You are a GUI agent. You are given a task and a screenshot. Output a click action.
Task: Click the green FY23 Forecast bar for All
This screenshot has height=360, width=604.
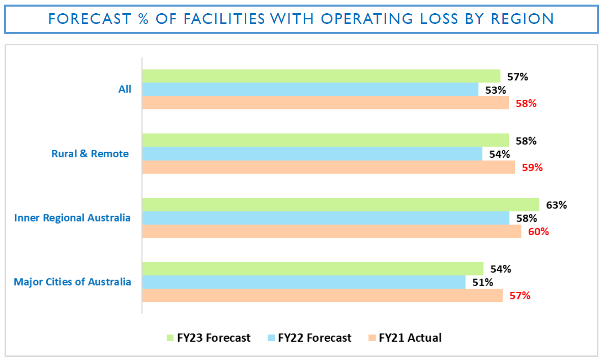pyautogui.click(x=321, y=76)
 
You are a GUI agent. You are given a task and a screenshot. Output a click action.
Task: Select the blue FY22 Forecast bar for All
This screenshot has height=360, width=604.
pyautogui.click(x=310, y=90)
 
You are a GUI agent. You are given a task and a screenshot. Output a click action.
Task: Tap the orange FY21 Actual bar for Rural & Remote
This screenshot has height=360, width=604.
pyautogui.click(x=328, y=167)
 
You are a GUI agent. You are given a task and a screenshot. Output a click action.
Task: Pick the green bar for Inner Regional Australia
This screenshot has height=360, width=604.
pyautogui.click(x=340, y=205)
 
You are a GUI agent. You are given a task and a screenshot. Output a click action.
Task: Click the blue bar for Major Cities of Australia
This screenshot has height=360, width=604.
pyautogui.click(x=303, y=282)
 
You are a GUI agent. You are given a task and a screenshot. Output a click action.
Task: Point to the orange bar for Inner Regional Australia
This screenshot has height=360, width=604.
pyautogui.click(x=331, y=231)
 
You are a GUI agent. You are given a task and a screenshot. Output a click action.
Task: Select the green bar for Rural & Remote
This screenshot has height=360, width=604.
pyautogui.click(x=325, y=140)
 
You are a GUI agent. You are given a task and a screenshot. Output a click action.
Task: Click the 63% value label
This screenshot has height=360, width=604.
pyautogui.click(x=556, y=205)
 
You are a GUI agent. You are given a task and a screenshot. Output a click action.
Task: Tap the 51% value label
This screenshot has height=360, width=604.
pyautogui.click(x=482, y=282)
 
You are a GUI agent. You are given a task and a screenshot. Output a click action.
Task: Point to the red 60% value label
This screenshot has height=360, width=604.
pyautogui.click(x=538, y=232)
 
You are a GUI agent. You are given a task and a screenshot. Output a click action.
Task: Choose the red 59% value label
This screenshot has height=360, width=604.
pyautogui.click(x=532, y=167)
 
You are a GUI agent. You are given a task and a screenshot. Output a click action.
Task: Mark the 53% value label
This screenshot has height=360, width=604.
pyautogui.click(x=495, y=90)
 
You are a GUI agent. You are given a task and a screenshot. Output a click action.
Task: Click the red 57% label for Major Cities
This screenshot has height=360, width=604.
pyautogui.click(x=520, y=295)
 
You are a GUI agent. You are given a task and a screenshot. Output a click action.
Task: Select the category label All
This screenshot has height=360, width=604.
pyautogui.click(x=125, y=89)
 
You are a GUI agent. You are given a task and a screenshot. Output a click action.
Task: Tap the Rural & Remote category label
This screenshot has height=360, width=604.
pyautogui.click(x=90, y=153)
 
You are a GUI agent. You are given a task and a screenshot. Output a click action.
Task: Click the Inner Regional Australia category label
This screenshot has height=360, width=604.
pyautogui.click(x=72, y=218)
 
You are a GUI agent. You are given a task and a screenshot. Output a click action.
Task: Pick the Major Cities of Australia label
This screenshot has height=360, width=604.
pyautogui.click(x=72, y=282)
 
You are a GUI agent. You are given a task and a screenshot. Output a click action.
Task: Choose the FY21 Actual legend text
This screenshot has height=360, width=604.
pyautogui.click(x=410, y=338)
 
